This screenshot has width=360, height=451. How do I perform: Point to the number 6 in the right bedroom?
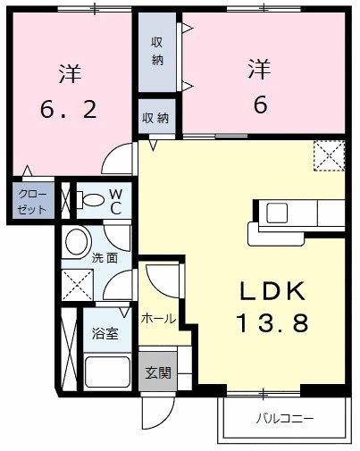260,104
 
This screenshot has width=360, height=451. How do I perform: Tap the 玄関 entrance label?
155,374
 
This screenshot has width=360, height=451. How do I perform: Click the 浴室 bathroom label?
105,334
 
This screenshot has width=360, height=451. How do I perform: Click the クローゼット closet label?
32,199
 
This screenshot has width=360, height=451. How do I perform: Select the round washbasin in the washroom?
79,240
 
